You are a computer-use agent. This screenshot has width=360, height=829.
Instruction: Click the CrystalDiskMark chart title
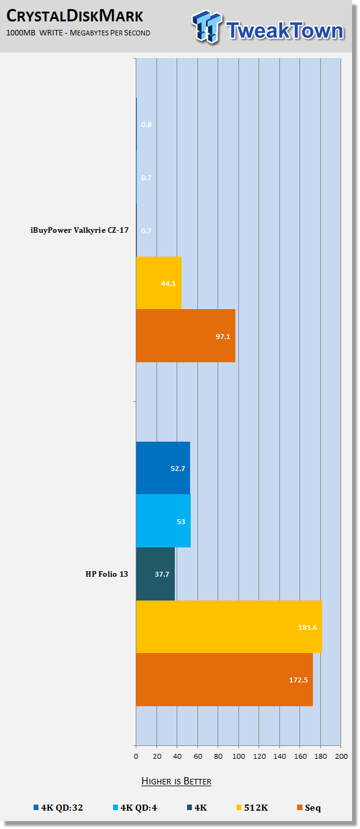(x=75, y=16)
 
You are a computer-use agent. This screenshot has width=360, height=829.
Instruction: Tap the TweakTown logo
(x=268, y=27)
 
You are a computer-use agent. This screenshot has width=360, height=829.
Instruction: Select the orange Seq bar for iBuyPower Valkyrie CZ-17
(x=186, y=335)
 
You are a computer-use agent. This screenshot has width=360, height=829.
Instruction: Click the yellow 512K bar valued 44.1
(x=159, y=283)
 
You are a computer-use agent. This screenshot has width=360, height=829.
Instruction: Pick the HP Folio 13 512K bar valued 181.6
(x=229, y=627)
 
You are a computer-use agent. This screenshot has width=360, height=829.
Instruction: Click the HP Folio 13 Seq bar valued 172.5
(x=224, y=679)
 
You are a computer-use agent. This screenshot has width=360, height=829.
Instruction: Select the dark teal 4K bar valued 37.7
(x=156, y=574)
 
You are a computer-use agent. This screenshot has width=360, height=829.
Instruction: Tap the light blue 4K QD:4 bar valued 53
(x=163, y=520)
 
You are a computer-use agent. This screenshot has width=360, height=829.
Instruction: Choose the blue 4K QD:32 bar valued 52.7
(x=163, y=468)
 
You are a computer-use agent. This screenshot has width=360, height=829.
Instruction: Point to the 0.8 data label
(x=146, y=125)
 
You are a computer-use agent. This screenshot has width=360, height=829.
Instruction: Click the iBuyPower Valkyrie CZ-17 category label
(x=79, y=230)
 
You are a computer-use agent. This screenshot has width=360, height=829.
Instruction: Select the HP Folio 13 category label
(x=107, y=574)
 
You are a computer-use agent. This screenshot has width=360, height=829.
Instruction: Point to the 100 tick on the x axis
(x=238, y=756)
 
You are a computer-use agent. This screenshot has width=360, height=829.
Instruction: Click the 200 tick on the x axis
(x=341, y=756)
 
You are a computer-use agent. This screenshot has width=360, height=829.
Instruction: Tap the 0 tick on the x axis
(x=136, y=756)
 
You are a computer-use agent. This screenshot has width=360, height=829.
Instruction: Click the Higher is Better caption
(x=176, y=781)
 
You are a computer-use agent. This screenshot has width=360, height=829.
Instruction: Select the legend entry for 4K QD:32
(x=58, y=808)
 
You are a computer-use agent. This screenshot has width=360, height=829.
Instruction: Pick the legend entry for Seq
(x=309, y=808)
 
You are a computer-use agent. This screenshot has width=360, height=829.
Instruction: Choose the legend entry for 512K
(x=252, y=808)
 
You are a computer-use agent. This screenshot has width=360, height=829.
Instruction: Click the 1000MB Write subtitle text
(x=78, y=33)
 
